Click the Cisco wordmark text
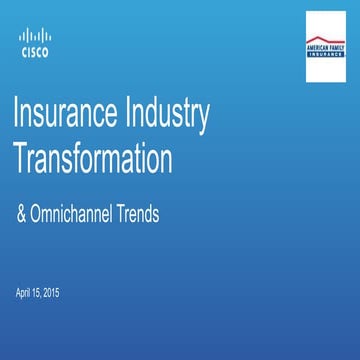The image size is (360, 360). (x=34, y=53)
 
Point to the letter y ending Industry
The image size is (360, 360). (x=203, y=120)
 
